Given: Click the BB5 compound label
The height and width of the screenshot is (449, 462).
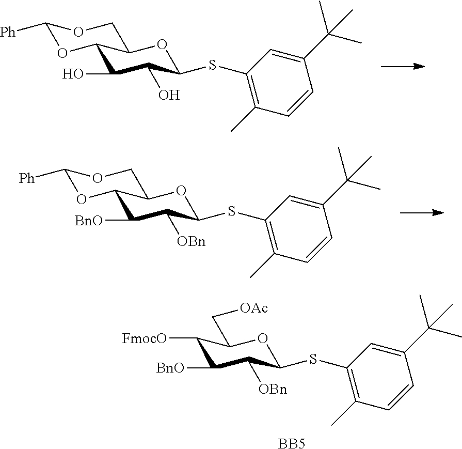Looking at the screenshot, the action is (x=291, y=443).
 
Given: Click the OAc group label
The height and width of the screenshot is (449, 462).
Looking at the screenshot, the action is (x=254, y=308).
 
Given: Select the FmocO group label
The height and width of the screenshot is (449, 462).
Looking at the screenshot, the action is (x=145, y=338).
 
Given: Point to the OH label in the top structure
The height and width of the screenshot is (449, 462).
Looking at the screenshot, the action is (x=169, y=95).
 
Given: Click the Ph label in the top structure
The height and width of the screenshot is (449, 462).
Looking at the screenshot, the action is (x=8, y=32).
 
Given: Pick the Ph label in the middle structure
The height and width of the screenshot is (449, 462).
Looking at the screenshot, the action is (x=27, y=178).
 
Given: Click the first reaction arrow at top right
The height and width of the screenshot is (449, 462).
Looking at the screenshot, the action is (x=403, y=66).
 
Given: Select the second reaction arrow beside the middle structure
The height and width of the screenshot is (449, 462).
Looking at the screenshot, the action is (x=422, y=212).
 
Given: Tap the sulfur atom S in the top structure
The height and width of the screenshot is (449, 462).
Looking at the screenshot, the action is (x=213, y=65).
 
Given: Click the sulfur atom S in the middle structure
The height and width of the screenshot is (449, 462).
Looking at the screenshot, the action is (x=232, y=211).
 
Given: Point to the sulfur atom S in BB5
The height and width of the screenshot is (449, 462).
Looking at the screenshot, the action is (x=313, y=359).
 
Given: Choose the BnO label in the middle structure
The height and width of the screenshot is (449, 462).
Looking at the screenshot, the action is (x=89, y=221).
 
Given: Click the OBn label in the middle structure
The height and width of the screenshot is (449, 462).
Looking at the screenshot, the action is (x=191, y=242).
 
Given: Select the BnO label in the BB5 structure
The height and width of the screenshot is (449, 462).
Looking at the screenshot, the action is (x=170, y=368).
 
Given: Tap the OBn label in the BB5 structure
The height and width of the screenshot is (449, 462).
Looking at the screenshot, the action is (x=273, y=390).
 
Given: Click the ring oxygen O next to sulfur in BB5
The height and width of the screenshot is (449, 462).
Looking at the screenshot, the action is (x=262, y=338).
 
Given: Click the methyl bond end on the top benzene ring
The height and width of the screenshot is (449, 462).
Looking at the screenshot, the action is (x=231, y=131).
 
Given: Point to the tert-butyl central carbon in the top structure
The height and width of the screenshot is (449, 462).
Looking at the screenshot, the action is (x=328, y=34).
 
